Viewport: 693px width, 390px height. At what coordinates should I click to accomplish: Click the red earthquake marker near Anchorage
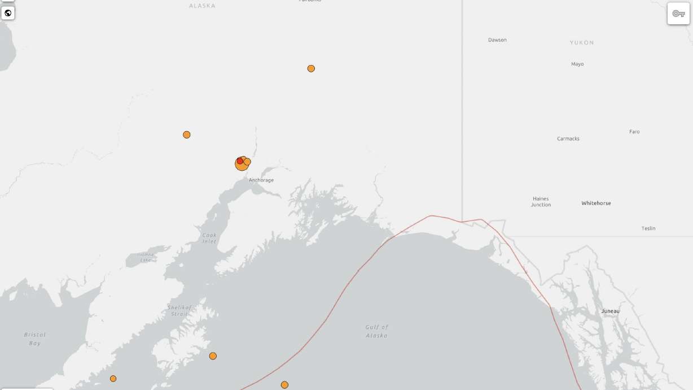(240, 161)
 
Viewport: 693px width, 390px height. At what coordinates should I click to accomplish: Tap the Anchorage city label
(261, 180)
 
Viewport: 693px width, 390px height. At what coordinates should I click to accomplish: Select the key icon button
(678, 14)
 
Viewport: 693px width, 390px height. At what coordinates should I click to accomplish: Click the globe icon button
(8, 13)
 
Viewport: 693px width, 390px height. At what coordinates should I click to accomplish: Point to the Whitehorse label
(596, 203)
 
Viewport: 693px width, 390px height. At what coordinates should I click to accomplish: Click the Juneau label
(610, 311)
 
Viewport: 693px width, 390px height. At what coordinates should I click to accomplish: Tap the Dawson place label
(497, 40)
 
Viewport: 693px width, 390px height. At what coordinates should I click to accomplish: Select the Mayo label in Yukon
(577, 64)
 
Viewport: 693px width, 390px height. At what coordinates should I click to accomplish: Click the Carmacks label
(568, 138)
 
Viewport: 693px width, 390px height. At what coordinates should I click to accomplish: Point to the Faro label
(634, 132)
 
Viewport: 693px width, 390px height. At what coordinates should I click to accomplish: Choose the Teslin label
(648, 228)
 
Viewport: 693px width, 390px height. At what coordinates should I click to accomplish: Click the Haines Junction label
(541, 202)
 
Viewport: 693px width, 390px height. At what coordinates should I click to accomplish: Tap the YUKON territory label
(582, 42)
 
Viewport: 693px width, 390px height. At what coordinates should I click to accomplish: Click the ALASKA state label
(202, 6)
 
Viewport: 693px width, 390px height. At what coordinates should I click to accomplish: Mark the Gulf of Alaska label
(376, 331)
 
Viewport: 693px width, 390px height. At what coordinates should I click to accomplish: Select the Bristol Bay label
(35, 339)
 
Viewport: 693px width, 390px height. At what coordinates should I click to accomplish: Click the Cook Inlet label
(209, 238)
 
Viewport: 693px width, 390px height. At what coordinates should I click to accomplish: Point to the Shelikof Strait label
(179, 310)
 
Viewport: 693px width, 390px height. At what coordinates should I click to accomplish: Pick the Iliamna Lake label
(146, 257)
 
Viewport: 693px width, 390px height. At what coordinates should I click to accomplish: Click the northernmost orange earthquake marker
(311, 68)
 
